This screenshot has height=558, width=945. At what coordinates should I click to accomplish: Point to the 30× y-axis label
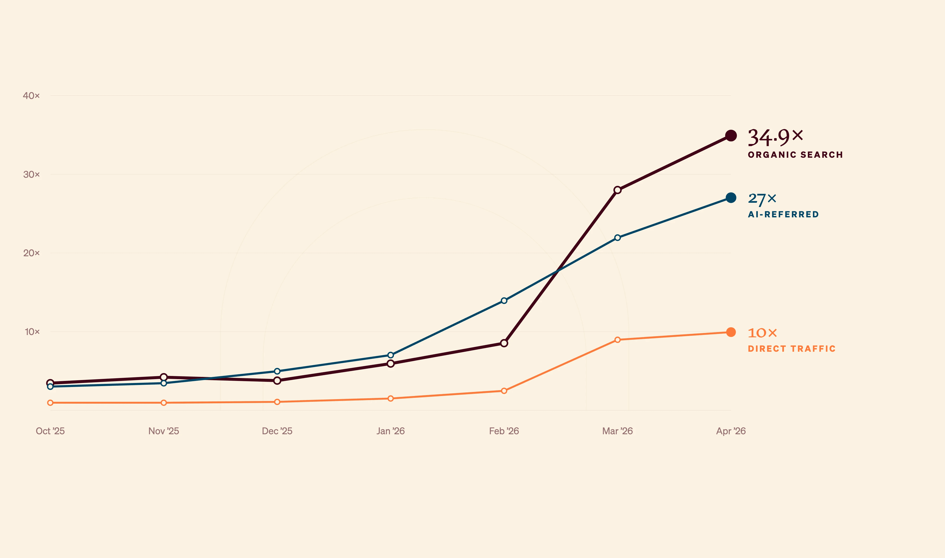[31, 174]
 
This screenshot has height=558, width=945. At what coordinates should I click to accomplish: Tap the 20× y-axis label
[31, 253]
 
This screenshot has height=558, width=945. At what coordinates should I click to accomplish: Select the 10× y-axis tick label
[32, 332]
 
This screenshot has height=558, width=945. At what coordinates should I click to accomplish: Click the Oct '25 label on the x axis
[50, 431]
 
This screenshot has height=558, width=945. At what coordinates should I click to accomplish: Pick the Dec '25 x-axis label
[277, 431]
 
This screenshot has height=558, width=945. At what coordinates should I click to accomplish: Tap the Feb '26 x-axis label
[504, 431]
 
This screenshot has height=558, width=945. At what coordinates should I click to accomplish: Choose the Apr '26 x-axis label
[731, 431]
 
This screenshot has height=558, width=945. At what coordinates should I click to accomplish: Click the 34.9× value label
[775, 137]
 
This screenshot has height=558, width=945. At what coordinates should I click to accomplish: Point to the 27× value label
[762, 199]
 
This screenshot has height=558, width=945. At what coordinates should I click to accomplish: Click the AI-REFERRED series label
[783, 214]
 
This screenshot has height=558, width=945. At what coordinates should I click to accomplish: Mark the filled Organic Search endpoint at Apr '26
[731, 136]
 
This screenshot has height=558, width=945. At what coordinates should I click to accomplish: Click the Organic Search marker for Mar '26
[617, 190]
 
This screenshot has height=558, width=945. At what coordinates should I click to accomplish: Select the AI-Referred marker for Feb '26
[504, 300]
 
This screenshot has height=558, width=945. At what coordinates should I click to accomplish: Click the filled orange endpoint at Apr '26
[731, 332]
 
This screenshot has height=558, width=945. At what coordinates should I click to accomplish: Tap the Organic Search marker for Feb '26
[504, 343]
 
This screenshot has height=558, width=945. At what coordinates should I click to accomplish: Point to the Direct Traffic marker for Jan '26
[391, 398]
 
